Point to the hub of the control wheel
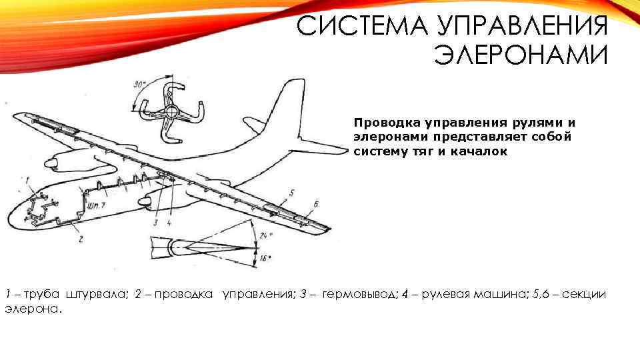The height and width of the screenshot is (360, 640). (x=171, y=111)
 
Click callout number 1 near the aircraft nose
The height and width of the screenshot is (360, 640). (x=27, y=180)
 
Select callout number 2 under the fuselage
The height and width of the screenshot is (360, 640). (x=81, y=238)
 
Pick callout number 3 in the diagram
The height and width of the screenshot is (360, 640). (x=155, y=223)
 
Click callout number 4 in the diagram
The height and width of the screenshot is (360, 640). (x=169, y=223)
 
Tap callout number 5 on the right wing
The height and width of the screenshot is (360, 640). (x=292, y=193)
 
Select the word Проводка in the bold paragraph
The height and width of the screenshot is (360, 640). (x=381, y=123)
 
